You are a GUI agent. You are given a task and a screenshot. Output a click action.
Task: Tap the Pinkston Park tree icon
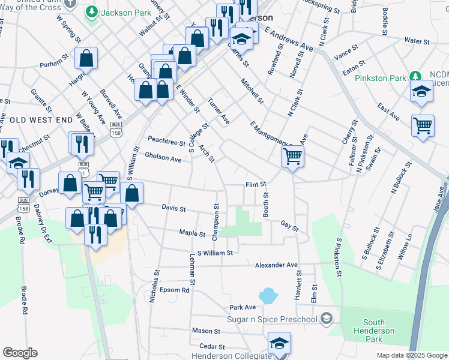point(414,77)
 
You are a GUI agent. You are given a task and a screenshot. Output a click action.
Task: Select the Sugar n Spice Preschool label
point(272,318)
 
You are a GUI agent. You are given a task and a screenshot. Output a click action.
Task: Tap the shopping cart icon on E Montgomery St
point(292,157)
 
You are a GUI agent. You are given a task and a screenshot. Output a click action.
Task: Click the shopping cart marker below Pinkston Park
point(423,126)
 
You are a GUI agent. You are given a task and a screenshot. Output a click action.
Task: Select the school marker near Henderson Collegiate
point(279,343)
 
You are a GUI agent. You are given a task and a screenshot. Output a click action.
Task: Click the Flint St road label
point(255,184)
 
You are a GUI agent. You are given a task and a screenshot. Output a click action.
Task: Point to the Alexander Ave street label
point(276,265)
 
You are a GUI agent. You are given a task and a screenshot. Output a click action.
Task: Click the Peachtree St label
point(166,142)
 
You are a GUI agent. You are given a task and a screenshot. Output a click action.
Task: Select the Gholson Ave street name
point(163,159)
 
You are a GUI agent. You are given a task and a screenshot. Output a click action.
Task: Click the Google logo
point(20,353)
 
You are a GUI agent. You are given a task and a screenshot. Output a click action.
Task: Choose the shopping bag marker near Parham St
point(86,59)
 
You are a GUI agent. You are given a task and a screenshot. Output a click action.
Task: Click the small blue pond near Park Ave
point(267,295)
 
